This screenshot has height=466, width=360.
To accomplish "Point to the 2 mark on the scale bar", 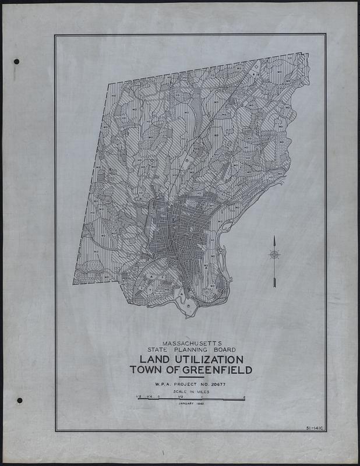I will click(244, 397).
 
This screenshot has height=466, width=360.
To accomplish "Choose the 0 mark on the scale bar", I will click(159, 397).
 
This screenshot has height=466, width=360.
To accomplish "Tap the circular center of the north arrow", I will click(274, 254).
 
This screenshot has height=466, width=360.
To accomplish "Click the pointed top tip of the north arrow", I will click(274, 236).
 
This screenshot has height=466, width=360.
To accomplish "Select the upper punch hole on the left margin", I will click(16, 62).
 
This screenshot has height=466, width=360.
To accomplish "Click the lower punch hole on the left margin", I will click(19, 400).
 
